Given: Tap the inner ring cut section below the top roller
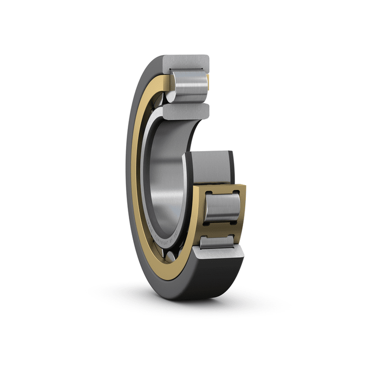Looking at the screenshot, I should (186, 112).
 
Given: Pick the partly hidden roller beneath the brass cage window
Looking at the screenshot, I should (217, 242).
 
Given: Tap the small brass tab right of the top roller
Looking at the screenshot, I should (209, 82).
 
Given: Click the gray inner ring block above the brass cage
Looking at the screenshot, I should (208, 168).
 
